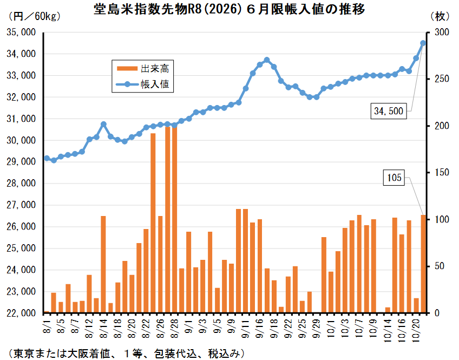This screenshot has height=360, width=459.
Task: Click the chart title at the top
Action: point(229,9)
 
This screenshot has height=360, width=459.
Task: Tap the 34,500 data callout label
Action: point(388,112)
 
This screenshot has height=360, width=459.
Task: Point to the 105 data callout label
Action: point(395,177)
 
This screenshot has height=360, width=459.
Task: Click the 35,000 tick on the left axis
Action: point(21,32)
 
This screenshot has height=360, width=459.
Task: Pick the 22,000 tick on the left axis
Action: point(21,313)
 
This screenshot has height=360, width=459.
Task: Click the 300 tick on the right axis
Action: point(443,32)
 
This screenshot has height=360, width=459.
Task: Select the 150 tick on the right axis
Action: point(443,173)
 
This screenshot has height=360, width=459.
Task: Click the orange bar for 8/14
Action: point(103,265)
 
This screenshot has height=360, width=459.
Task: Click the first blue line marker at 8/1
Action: point(47,159)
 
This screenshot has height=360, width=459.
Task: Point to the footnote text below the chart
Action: point(124,353)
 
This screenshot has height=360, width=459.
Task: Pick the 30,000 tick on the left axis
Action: point(21,140)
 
